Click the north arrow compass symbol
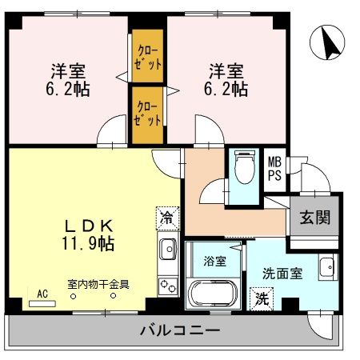point(327,42)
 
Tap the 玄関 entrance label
point(314,217)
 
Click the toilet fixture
point(243,169)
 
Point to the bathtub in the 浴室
point(211,293)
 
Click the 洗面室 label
point(282,273)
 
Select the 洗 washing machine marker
point(262,299)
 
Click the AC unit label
point(42,294)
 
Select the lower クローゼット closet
point(147,113)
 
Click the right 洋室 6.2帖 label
point(226,79)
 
